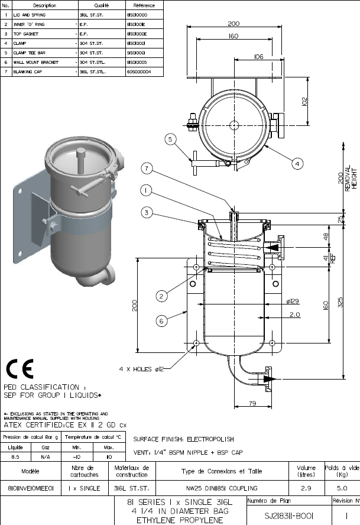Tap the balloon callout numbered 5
(169, 140)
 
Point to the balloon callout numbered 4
(297, 163)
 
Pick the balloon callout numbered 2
(161, 294)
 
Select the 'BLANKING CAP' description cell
(25, 71)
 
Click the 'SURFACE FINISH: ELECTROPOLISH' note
(184, 439)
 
